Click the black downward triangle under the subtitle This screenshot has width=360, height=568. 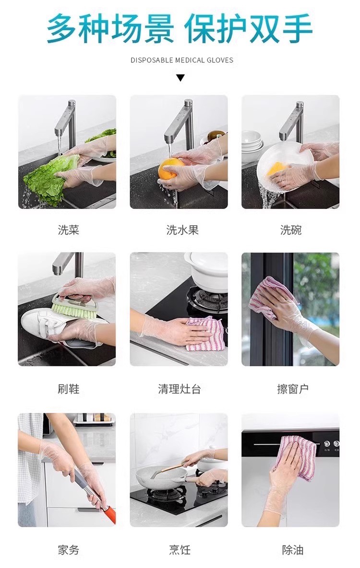coord(180,77)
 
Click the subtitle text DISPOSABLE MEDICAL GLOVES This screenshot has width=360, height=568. coord(182,60)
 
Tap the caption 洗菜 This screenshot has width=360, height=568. coord(68,230)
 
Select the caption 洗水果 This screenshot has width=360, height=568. coord(182,230)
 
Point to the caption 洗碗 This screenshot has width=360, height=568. coord(290,230)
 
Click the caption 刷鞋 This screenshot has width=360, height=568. coord(68,389)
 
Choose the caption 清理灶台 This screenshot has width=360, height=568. coord(179,389)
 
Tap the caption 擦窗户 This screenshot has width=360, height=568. coord(293,389)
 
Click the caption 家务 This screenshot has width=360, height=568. coord(68,550)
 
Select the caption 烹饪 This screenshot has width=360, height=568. coord(179,550)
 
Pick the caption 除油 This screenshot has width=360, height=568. coord(293,550)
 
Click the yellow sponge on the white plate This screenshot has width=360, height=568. coord(277,169)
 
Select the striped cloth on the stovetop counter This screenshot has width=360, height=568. coord(204,334)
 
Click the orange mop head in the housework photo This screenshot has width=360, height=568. coord(110,514)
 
